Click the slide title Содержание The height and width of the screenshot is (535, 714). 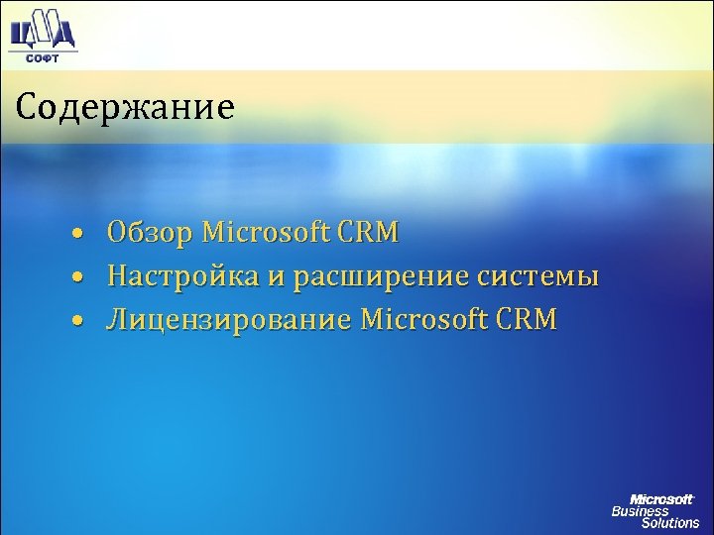pos(125,106)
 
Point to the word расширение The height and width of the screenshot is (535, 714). pos(390,276)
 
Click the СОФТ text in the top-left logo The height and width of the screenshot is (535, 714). pos(41,57)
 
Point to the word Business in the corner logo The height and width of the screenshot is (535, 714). pos(640,511)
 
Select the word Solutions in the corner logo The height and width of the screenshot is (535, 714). pos(669,523)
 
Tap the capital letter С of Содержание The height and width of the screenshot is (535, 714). pos(25,105)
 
